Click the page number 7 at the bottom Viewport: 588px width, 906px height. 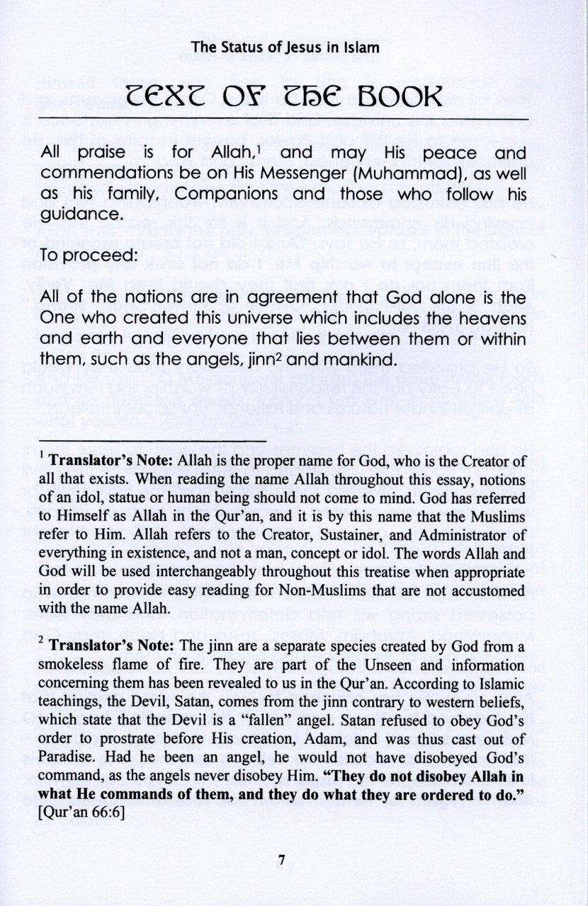pyautogui.click(x=281, y=861)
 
